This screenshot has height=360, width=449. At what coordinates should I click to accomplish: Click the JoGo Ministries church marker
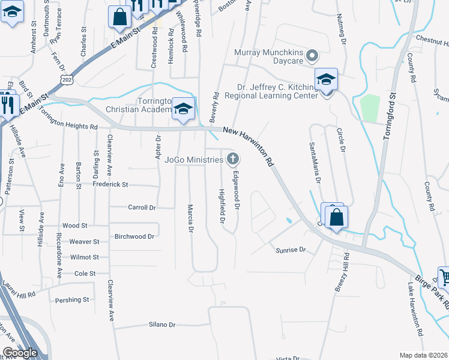pyautogui.click(x=232, y=159)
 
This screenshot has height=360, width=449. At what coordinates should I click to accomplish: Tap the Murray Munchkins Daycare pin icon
pyautogui.click(x=311, y=57)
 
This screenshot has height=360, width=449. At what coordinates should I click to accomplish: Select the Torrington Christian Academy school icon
pyautogui.click(x=184, y=109)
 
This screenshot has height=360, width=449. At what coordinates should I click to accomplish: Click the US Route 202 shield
pyautogui.click(x=67, y=79)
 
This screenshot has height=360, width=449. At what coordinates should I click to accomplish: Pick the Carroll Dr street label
pyautogui.click(x=142, y=208)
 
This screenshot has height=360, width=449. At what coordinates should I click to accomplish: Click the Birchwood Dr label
pyautogui.click(x=134, y=236)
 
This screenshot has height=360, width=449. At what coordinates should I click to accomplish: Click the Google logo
pyautogui.click(x=20, y=353)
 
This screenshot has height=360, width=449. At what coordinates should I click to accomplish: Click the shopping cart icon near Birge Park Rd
pyautogui.click(x=445, y=277)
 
